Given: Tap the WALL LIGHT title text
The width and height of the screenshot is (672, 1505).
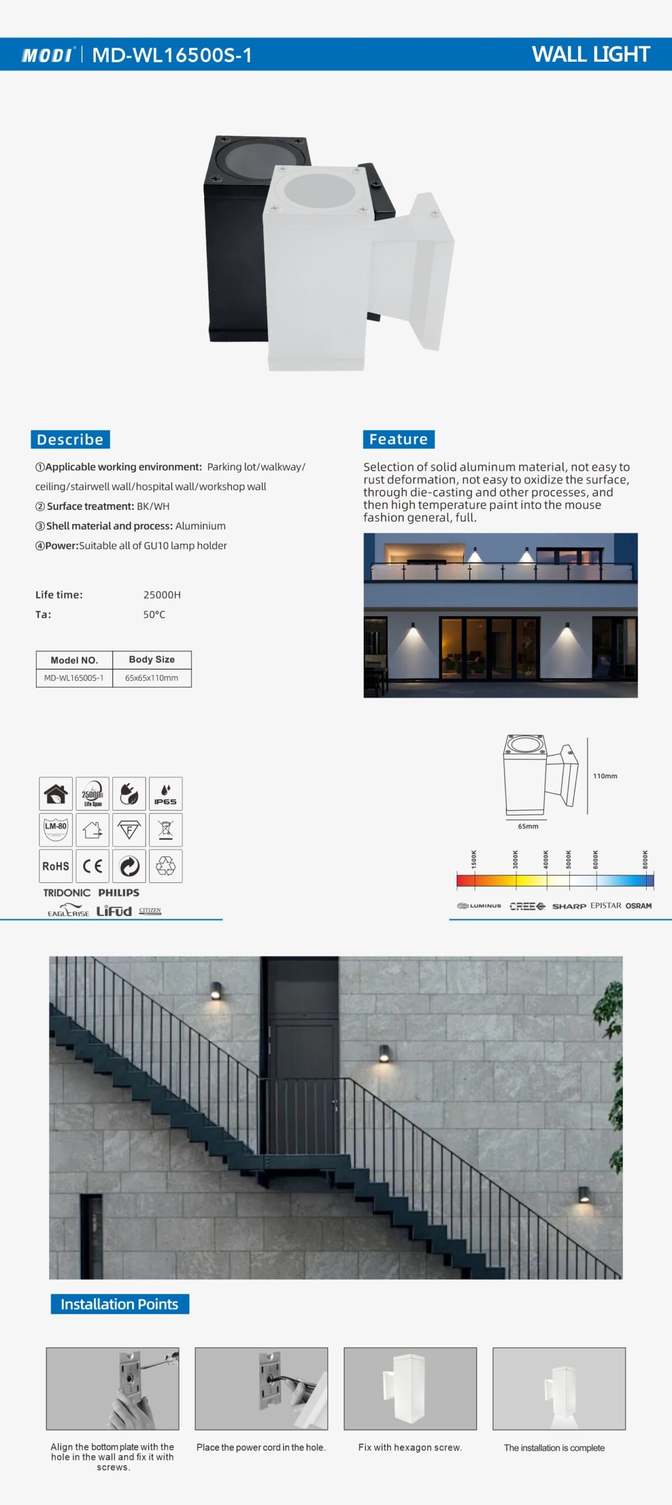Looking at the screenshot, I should [x=590, y=54].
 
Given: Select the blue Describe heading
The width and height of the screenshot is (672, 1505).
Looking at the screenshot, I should [x=70, y=439].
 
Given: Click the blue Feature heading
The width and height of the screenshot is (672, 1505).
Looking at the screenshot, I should [x=398, y=439].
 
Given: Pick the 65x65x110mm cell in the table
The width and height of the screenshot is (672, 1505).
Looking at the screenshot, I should [x=152, y=678].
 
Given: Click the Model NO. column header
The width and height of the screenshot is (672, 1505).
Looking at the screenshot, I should [x=74, y=660].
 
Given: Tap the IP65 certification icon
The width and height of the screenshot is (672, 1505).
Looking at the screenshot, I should [x=166, y=794].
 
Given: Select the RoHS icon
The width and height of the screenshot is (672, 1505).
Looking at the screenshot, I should [x=56, y=866].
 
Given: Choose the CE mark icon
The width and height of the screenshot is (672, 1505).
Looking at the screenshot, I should [x=92, y=866].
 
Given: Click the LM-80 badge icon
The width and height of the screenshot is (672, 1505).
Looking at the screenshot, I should [x=56, y=830].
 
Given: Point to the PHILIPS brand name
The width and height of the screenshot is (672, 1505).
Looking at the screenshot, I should [x=119, y=892].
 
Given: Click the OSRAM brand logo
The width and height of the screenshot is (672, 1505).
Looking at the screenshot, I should [x=639, y=906].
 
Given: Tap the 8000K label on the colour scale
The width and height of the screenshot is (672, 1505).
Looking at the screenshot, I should [x=645, y=859].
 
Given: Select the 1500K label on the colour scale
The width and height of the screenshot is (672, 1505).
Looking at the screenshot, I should [x=474, y=859].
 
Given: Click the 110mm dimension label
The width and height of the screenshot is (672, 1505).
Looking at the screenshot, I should [x=605, y=776].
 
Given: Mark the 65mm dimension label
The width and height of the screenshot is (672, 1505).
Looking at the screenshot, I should [x=528, y=827].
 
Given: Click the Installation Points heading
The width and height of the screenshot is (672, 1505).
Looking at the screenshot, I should [x=119, y=1304].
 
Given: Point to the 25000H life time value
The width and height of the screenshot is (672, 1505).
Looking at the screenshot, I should [x=162, y=595].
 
